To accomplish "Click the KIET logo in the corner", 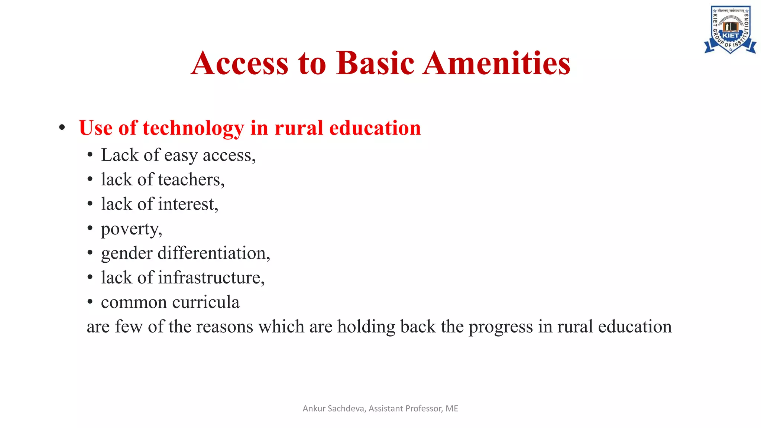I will (730, 30).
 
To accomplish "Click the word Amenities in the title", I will (497, 63).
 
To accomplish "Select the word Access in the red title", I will (240, 63).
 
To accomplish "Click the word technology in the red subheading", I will (193, 128).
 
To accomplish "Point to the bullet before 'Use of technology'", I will (62, 128).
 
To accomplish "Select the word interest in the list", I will (188, 204).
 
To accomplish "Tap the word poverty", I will (131, 229).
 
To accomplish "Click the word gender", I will (127, 254).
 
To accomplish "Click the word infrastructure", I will (211, 278).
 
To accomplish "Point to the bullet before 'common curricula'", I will (90, 302).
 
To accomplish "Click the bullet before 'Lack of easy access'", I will (90, 155).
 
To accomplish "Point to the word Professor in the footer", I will (423, 409).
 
